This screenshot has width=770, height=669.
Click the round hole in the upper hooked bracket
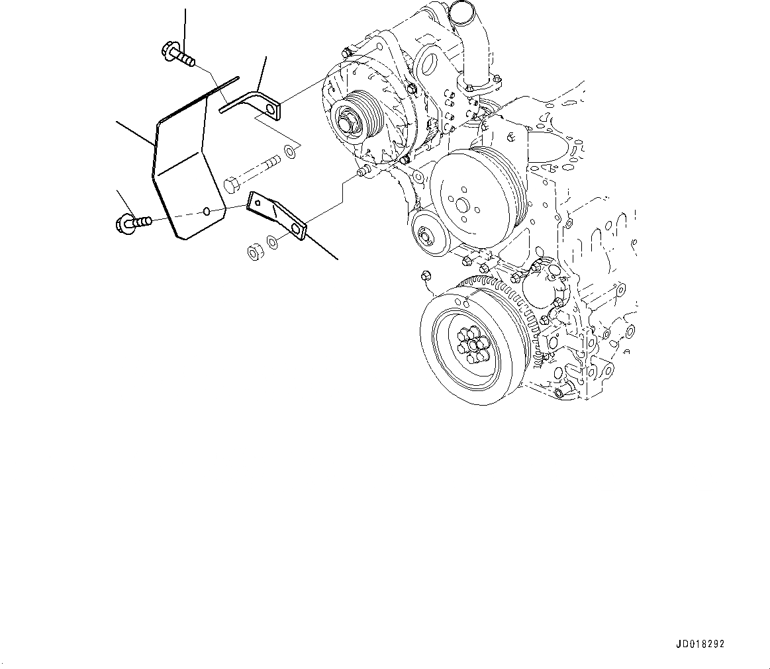pos(271,108)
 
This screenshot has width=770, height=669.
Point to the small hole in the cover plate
pos(207,211)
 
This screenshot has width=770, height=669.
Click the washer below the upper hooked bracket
pos(289,152)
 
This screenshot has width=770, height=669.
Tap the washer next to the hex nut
pos(271,241)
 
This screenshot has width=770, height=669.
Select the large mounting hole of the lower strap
pos(295,230)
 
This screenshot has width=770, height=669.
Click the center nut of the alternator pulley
pos(347,123)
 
